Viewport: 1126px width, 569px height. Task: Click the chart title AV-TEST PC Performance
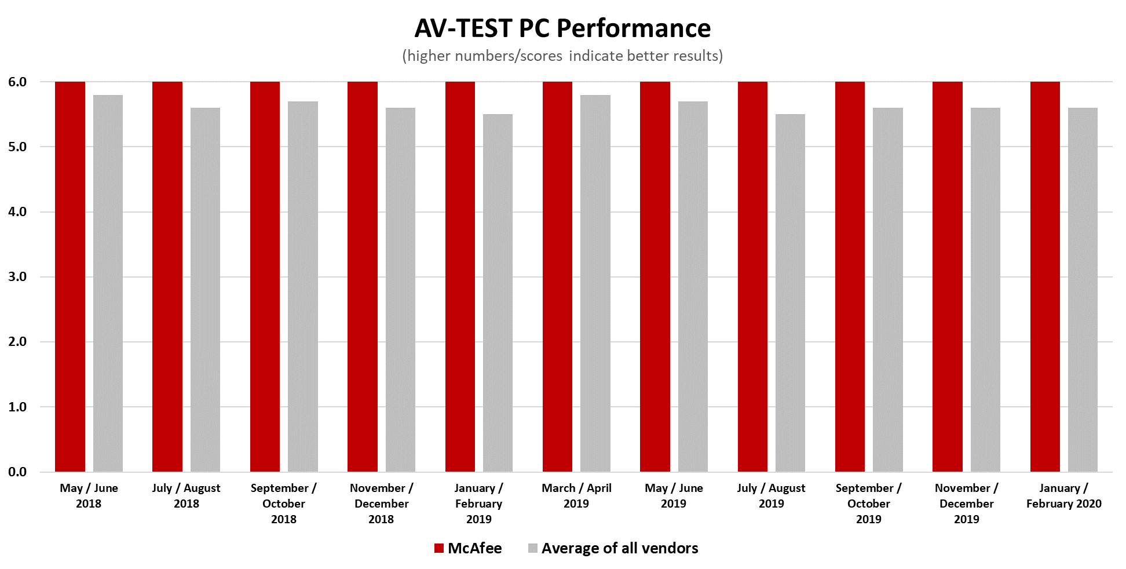pyautogui.click(x=562, y=28)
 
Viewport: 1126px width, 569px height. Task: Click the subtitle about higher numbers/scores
pyautogui.click(x=562, y=56)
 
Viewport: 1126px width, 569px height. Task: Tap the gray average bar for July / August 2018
pyautogui.click(x=205, y=290)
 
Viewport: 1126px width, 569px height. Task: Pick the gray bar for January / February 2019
pyautogui.click(x=498, y=293)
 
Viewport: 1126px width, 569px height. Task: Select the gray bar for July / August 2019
pyautogui.click(x=790, y=293)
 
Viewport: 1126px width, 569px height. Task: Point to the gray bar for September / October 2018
pyautogui.click(x=303, y=286)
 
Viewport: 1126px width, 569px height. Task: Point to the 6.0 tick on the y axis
pyautogui.click(x=17, y=82)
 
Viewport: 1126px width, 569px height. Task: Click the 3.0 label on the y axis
pyautogui.click(x=17, y=277)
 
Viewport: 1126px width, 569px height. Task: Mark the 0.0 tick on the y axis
pyautogui.click(x=17, y=472)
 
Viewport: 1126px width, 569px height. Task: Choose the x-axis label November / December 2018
pyautogui.click(x=381, y=504)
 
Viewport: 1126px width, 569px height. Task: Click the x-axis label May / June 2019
pyautogui.click(x=674, y=496)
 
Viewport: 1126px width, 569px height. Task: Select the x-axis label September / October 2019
pyautogui.click(x=868, y=504)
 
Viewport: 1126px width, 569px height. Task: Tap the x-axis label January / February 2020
pyautogui.click(x=1063, y=496)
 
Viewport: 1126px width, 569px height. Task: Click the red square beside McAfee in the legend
pyautogui.click(x=439, y=548)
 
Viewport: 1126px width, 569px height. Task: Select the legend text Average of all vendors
pyautogui.click(x=619, y=548)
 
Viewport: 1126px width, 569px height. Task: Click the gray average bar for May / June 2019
pyautogui.click(x=693, y=286)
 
